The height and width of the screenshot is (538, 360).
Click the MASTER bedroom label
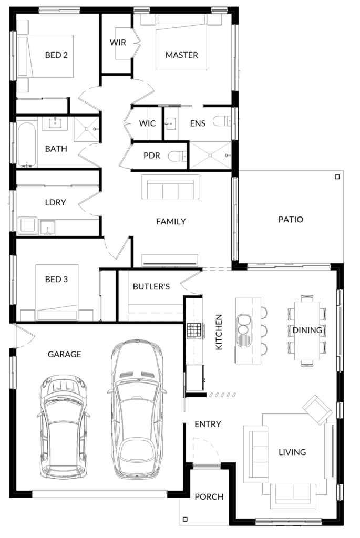(181, 55)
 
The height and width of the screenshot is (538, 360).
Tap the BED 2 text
(56, 55)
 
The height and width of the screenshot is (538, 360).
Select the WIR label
(118, 43)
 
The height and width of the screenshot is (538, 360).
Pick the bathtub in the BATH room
(26, 144)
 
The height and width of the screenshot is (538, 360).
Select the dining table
(307, 330)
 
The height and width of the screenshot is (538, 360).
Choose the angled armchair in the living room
(317, 410)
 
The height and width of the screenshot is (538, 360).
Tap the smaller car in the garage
(63, 427)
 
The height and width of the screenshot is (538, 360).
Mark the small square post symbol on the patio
(337, 177)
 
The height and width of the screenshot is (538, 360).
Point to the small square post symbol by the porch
(186, 519)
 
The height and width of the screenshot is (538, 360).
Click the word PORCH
(209, 497)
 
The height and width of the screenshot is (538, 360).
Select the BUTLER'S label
(151, 286)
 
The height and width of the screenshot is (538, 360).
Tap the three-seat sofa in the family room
(171, 187)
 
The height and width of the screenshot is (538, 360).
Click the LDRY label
(55, 202)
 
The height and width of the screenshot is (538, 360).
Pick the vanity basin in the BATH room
(55, 122)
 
